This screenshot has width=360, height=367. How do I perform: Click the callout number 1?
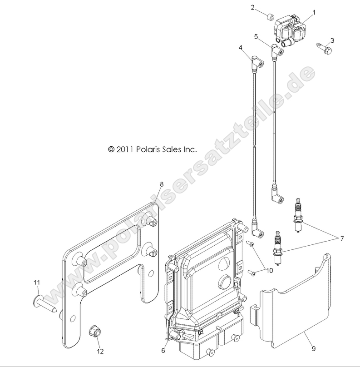(x=314, y=12)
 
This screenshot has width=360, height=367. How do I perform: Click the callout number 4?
(x=241, y=48)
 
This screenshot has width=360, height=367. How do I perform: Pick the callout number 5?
(x=256, y=37)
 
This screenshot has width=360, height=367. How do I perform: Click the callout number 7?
(x=342, y=239)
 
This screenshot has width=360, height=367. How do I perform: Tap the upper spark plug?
(x=298, y=215)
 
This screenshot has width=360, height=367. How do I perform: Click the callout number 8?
(x=162, y=184)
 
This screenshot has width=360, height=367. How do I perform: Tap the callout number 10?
(x=270, y=271)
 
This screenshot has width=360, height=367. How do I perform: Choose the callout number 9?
(x=314, y=348)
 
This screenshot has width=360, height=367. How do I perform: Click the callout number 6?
(x=163, y=350)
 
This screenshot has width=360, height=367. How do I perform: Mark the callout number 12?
(x=100, y=351)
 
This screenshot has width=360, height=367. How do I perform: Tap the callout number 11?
(x=37, y=283)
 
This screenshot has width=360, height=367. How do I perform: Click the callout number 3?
(x=332, y=40)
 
